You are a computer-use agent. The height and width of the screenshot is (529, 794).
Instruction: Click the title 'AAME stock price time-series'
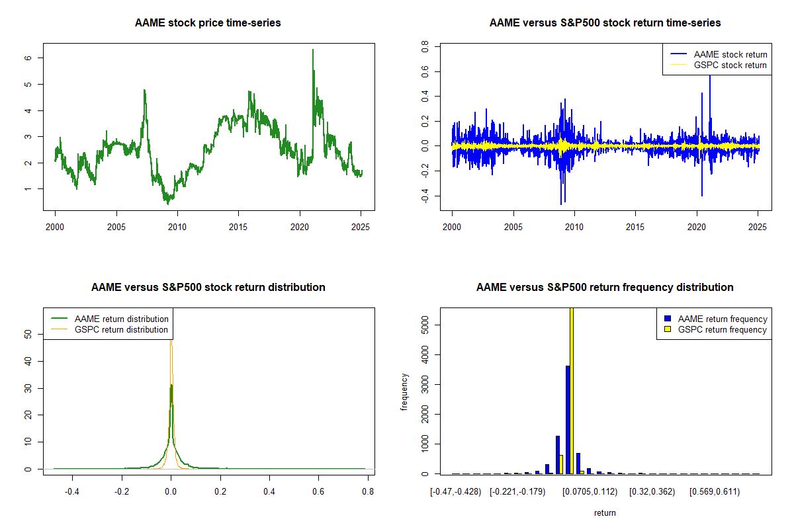click(x=208, y=22)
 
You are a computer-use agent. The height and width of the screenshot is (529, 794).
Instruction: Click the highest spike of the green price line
click(x=313, y=50)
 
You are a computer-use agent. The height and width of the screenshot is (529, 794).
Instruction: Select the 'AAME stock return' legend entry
click(x=719, y=54)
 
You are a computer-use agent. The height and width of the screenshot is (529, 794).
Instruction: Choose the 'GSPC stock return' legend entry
click(x=719, y=65)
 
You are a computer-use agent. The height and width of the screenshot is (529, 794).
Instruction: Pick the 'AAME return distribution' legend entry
click(x=110, y=319)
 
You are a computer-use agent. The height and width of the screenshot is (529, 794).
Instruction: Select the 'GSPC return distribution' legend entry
click(x=110, y=329)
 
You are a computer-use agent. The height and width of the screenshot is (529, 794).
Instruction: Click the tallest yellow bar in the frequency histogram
click(x=572, y=391)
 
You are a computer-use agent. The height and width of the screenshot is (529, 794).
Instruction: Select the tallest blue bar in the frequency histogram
click(x=568, y=419)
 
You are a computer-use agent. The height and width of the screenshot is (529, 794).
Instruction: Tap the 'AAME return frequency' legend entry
click(x=716, y=319)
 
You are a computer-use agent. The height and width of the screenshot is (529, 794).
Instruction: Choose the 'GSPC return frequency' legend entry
click(x=715, y=329)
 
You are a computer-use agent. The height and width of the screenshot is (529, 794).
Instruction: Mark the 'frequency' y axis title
click(x=404, y=391)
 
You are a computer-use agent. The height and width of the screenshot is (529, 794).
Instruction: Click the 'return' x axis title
click(x=605, y=512)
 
